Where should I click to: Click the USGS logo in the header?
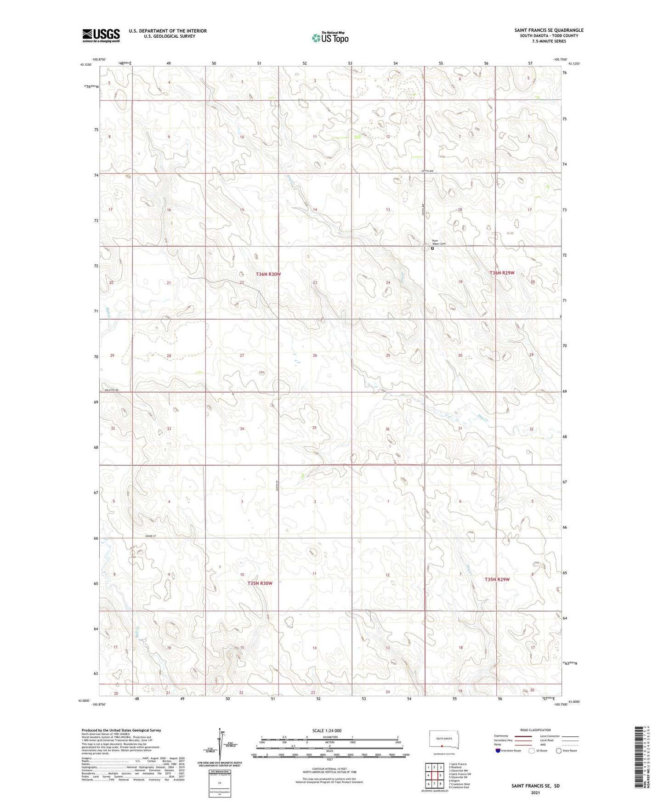101,35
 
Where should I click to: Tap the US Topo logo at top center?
330,37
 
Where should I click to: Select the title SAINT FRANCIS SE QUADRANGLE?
549,30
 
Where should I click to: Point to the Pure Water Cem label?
439,242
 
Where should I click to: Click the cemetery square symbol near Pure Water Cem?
432,248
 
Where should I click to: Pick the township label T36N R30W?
268,274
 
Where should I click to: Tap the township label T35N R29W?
497,580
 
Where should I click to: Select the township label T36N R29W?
502,273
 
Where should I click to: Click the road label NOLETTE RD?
110,390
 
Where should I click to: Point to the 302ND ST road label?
150,536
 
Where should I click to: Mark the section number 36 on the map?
387,429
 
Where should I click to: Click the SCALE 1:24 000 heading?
327,731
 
